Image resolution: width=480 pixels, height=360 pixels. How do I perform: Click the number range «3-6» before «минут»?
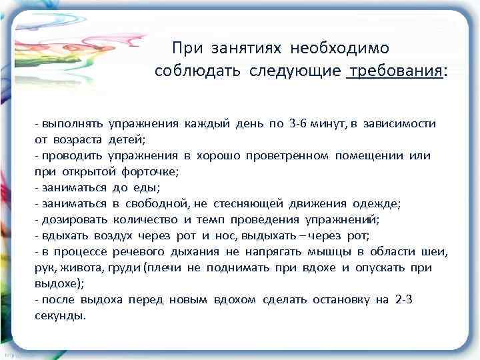pos(298,123)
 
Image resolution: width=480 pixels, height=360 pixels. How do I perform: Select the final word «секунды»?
pos(59,315)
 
